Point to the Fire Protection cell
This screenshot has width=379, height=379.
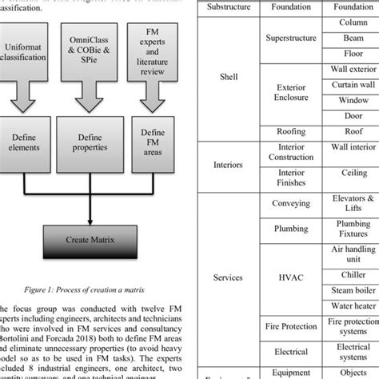point(290,326)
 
